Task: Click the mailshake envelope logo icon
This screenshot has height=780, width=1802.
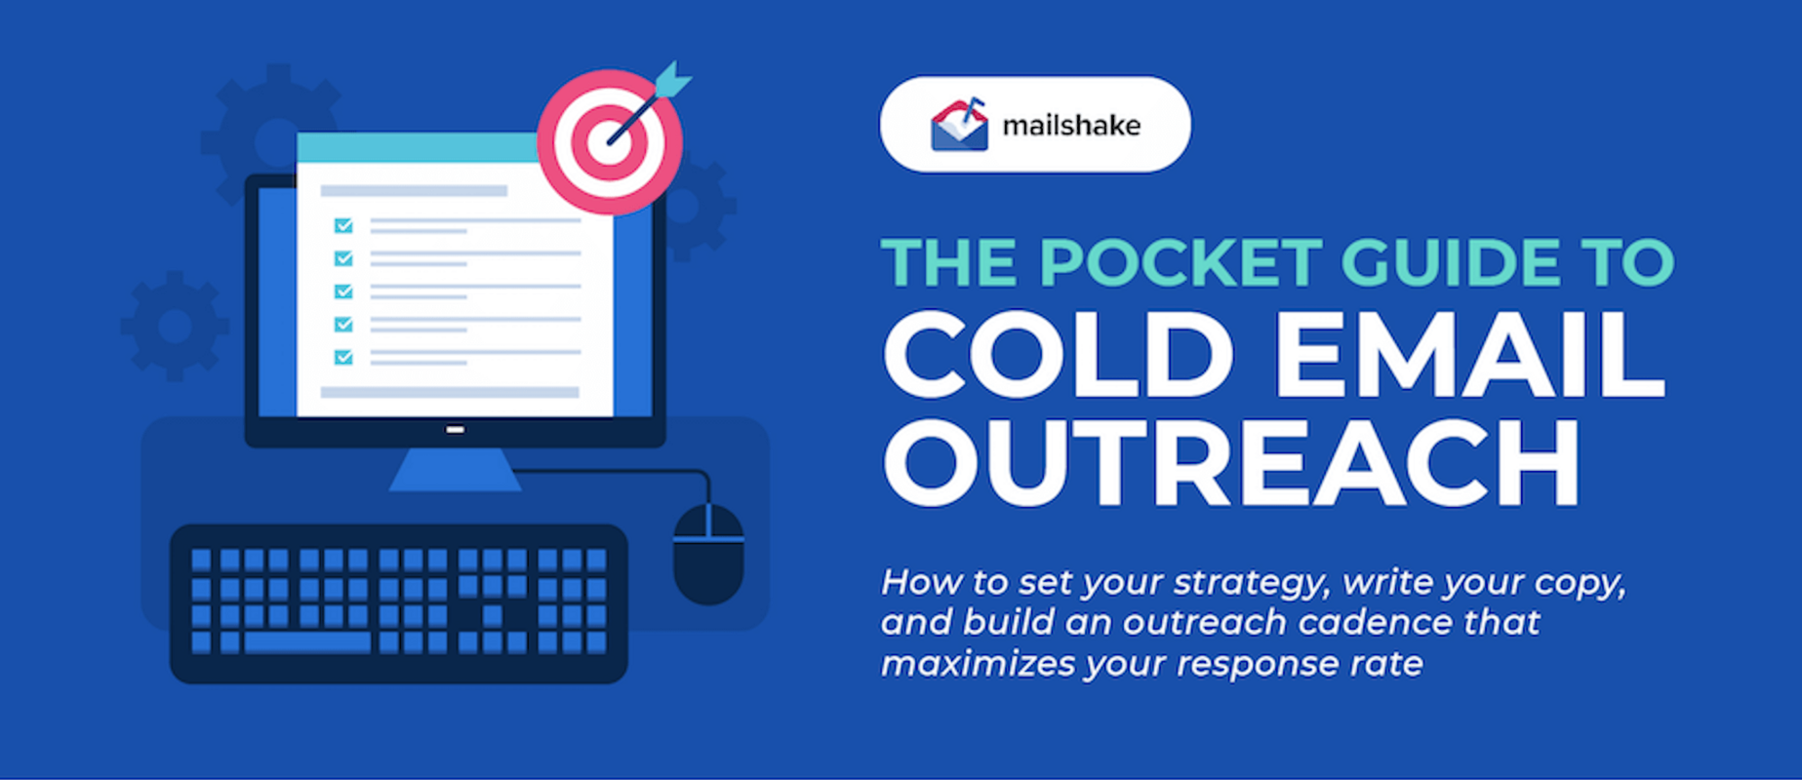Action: (x=959, y=126)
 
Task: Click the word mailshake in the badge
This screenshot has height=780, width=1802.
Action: (x=1071, y=126)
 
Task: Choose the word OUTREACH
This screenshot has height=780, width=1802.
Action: (x=1231, y=463)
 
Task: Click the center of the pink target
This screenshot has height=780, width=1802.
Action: (x=610, y=142)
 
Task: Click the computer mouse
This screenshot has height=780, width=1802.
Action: (x=708, y=554)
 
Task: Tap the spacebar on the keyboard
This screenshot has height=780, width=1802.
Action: (x=307, y=643)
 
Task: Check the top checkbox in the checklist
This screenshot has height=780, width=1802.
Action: (x=343, y=225)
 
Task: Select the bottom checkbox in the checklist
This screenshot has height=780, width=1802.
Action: (x=343, y=357)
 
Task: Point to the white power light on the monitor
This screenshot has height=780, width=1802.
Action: (x=455, y=429)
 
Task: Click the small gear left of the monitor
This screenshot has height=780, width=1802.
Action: (x=175, y=326)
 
